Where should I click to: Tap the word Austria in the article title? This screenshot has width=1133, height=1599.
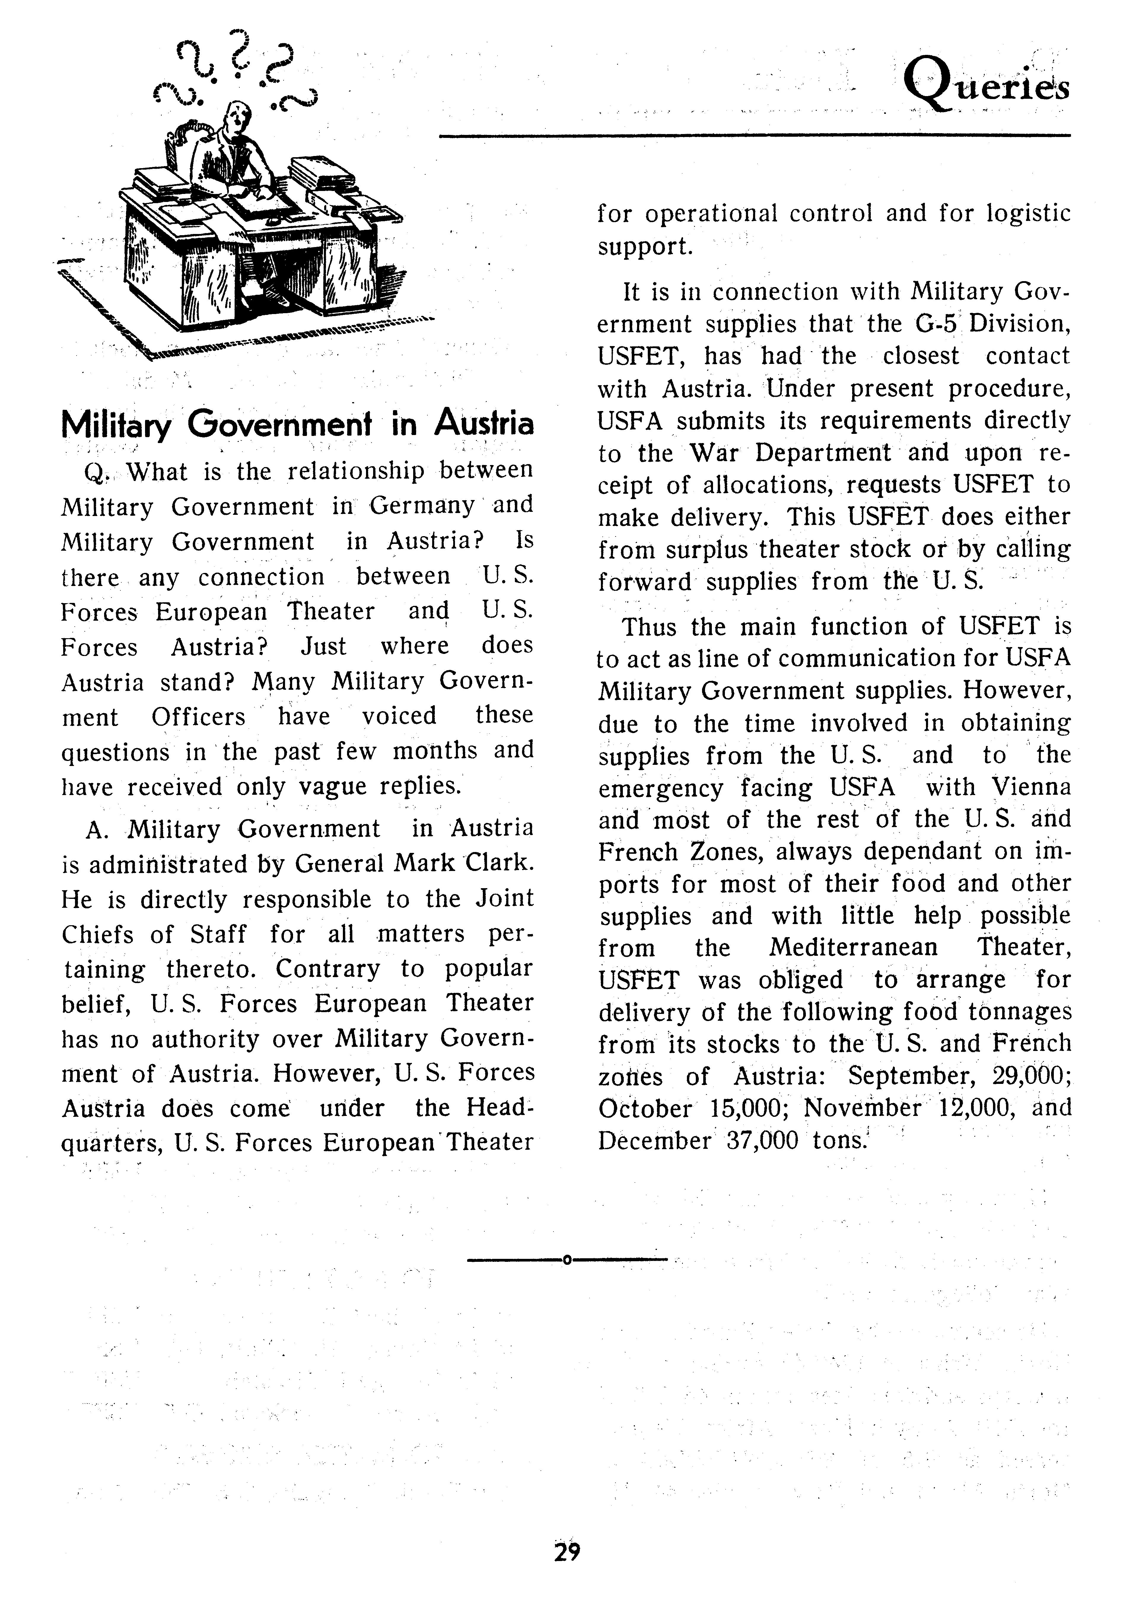[483, 423]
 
